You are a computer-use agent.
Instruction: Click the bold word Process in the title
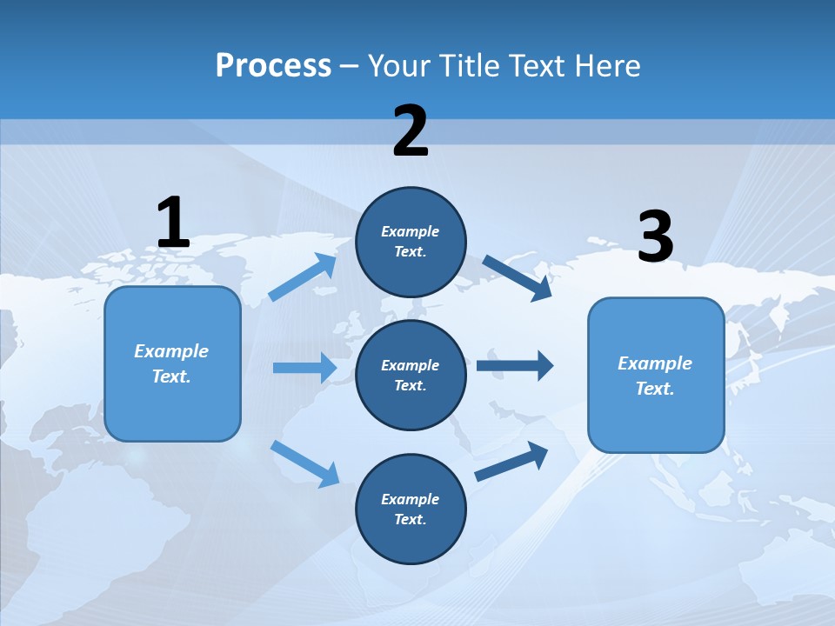click(273, 65)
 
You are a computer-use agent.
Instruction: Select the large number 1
click(173, 223)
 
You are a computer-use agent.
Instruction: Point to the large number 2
click(411, 131)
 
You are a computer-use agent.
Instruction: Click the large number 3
click(655, 237)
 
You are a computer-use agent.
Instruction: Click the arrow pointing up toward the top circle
click(303, 277)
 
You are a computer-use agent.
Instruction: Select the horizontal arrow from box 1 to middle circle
click(304, 368)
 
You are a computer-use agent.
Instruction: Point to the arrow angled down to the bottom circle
click(305, 463)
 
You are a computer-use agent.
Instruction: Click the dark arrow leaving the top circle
click(518, 277)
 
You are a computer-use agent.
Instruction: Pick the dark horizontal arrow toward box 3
click(515, 365)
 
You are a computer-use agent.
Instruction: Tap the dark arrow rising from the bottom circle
click(511, 461)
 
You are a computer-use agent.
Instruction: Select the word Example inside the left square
click(171, 351)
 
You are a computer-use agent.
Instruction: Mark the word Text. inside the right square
click(655, 389)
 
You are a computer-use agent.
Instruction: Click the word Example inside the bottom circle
click(410, 499)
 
